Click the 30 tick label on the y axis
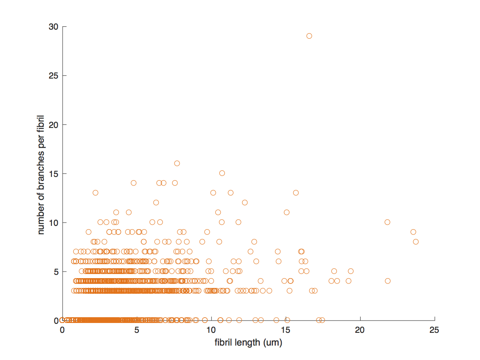pos(53,27)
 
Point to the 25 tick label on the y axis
pos(53,76)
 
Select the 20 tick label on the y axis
pos(53,125)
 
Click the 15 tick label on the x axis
pos(285,330)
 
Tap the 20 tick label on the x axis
pos(360,330)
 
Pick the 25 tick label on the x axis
pos(434,330)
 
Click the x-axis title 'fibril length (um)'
pos(248,343)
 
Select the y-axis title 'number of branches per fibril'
pos(41,175)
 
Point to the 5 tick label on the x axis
pos(137,330)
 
